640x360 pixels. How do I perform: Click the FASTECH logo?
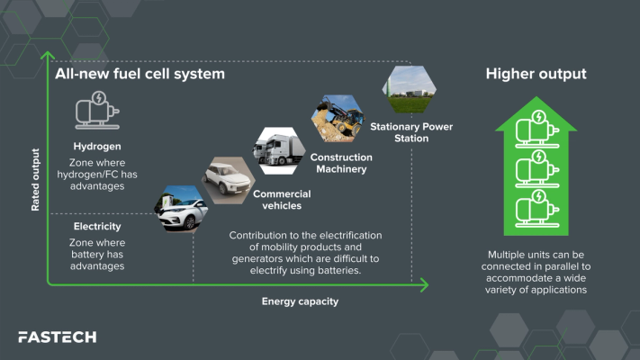57,337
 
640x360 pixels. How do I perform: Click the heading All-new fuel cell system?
140,73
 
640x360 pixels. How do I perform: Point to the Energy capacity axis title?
300,301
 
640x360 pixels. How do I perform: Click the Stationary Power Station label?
411,132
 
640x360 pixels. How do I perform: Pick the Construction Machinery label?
341,163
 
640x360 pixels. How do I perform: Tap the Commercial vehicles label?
282,200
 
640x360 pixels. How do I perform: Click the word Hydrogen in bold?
98,145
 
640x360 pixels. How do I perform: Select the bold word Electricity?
97,226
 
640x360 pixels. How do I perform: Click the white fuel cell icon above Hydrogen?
97,112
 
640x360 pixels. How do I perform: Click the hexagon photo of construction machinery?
337,117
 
